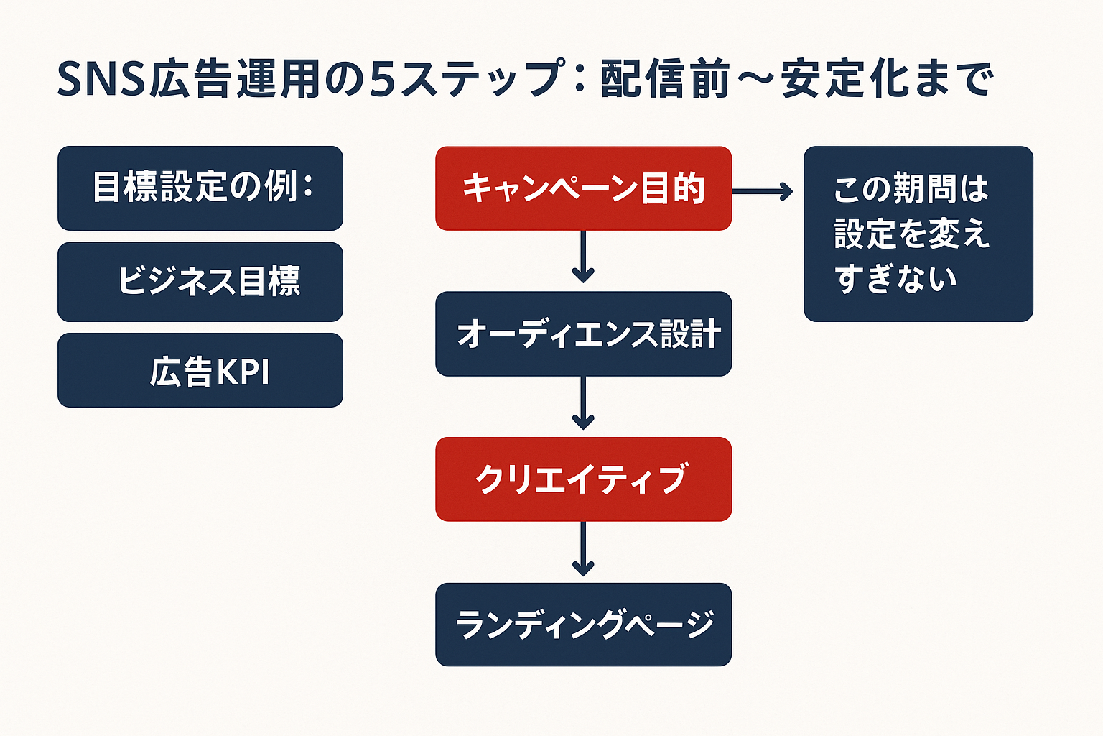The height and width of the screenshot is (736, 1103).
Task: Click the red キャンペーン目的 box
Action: [x=583, y=188]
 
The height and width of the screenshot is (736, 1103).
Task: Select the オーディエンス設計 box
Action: [x=583, y=333]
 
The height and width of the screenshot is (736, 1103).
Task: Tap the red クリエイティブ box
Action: [x=583, y=479]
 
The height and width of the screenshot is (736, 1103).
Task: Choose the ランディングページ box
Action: [x=583, y=624]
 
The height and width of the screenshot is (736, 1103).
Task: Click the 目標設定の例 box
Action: [x=200, y=188]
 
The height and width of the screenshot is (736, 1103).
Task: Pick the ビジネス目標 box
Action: [x=200, y=281]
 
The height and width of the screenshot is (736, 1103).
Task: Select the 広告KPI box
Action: [x=200, y=370]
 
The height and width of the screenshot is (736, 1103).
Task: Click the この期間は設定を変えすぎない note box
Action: [x=918, y=234]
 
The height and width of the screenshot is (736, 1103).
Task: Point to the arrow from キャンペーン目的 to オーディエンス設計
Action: [x=583, y=257]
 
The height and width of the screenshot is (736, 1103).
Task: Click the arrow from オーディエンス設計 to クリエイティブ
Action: [x=583, y=403]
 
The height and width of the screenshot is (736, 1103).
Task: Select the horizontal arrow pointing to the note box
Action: [x=763, y=191]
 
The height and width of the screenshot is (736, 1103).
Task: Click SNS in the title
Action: [x=101, y=79]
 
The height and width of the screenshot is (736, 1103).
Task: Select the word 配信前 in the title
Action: [x=665, y=79]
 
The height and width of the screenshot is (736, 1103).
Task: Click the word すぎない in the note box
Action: [x=896, y=279]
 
